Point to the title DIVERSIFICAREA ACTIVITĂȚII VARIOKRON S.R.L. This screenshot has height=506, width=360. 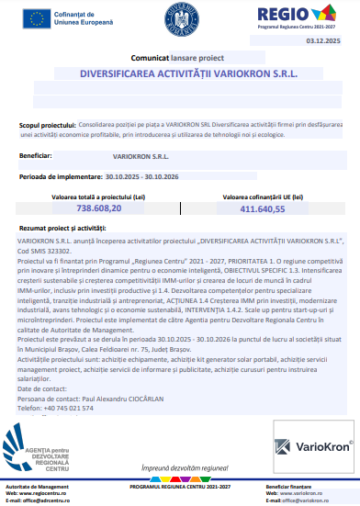pos(180,73)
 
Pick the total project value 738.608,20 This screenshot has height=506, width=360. pos(91,208)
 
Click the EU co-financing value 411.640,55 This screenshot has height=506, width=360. pos(263,208)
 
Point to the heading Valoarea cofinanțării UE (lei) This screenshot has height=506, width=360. pos(263,196)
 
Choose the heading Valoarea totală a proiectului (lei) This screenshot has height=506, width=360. pos(91,196)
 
